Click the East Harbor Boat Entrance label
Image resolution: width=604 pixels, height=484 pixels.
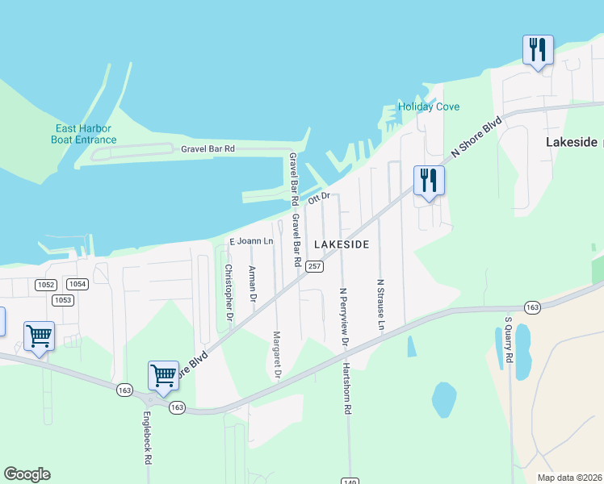click(86, 134)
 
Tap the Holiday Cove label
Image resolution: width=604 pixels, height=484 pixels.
click(428, 106)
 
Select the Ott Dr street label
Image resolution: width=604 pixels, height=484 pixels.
click(320, 198)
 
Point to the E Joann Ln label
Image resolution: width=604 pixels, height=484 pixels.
click(252, 241)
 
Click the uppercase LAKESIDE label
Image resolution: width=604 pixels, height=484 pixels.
click(342, 244)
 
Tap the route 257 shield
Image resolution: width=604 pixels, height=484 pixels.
click(315, 266)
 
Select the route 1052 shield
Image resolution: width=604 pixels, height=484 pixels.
click(46, 284)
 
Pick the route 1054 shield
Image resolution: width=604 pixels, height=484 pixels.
click(77, 284)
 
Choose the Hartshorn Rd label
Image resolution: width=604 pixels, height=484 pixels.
click(348, 389)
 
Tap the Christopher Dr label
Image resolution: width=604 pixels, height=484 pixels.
click(229, 294)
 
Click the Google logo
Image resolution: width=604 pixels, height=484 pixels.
click(27, 474)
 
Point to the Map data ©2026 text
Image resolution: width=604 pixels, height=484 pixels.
click(569, 478)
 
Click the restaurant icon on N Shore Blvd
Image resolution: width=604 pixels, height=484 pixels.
click(428, 180)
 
